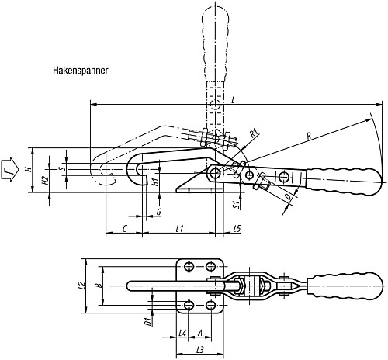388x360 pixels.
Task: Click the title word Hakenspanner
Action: pyautogui.click(x=80, y=71)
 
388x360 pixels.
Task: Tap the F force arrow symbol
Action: pyautogui.click(x=10, y=170)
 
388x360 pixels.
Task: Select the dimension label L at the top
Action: pyautogui.click(x=233, y=100)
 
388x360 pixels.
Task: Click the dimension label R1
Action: pyautogui.click(x=255, y=133)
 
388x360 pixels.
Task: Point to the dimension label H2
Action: pyautogui.click(x=45, y=180)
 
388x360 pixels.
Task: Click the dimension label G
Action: pyautogui.click(x=159, y=212)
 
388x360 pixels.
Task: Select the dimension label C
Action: pyautogui.click(x=124, y=229)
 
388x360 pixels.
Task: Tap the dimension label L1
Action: pyautogui.click(x=179, y=229)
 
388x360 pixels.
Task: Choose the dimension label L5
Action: pyautogui.click(x=237, y=229)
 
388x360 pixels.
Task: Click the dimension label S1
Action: pyautogui.click(x=236, y=204)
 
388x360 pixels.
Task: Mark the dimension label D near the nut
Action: pyautogui.click(x=288, y=197)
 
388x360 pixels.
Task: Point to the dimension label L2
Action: pyautogui.click(x=82, y=285)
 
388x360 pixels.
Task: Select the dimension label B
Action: pyautogui.click(x=98, y=286)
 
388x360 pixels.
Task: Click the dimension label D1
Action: pyautogui.click(x=147, y=321)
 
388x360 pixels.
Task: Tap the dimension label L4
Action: pyautogui.click(x=182, y=333)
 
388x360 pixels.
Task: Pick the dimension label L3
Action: pyautogui.click(x=200, y=350)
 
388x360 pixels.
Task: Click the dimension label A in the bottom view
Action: pyautogui.click(x=199, y=333)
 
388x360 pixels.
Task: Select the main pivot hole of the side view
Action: pyautogui.click(x=215, y=173)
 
